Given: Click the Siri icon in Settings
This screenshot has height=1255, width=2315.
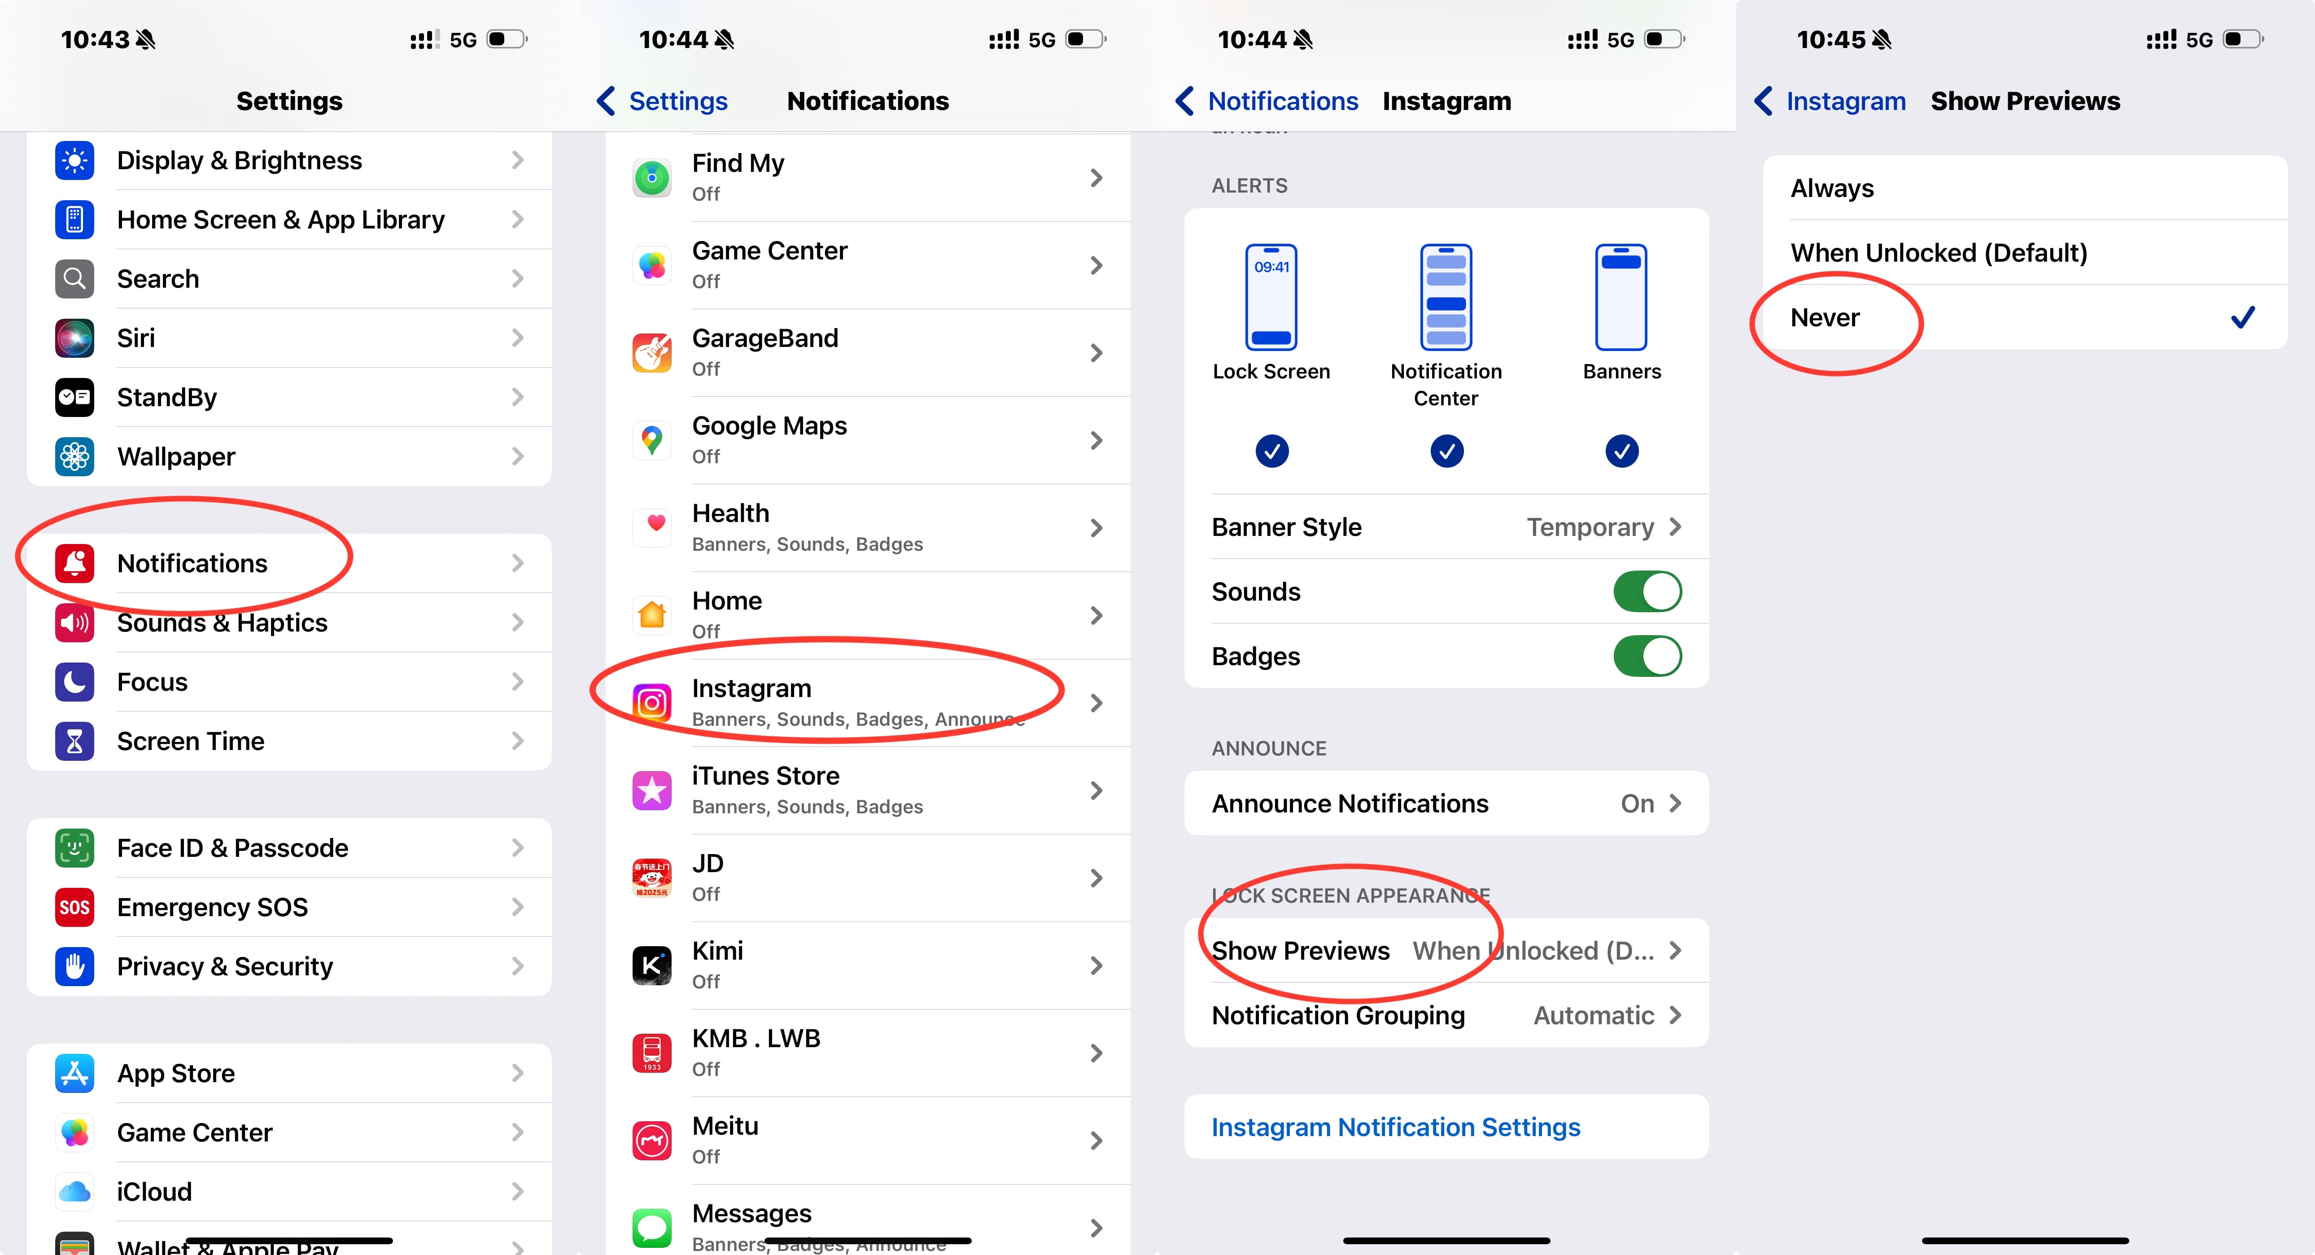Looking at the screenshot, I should click(x=74, y=338).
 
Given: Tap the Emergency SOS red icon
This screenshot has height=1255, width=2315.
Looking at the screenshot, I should click(x=74, y=907).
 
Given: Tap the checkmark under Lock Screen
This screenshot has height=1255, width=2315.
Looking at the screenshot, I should click(x=1271, y=451).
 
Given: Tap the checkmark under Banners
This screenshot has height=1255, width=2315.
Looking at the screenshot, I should click(x=1621, y=451).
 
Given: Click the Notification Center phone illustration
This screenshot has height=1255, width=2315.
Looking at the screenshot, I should click(x=1446, y=297).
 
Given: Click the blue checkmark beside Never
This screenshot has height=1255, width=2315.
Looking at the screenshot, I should click(x=2242, y=317).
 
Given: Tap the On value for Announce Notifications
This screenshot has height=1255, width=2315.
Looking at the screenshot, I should click(x=1637, y=804).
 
